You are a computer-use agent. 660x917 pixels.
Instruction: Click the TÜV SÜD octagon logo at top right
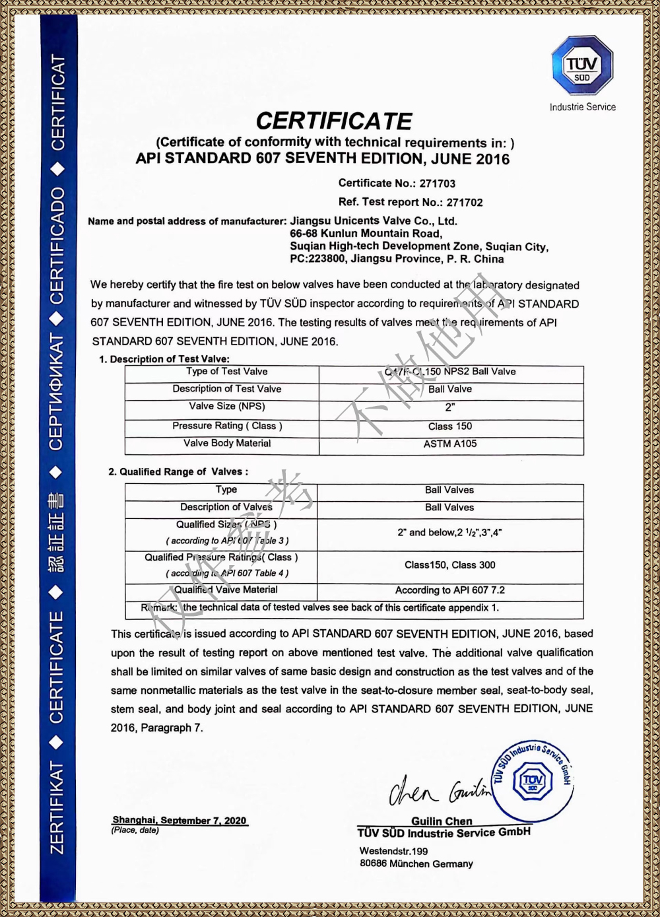coord(582,65)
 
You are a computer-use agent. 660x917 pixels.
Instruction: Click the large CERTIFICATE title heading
coord(334,121)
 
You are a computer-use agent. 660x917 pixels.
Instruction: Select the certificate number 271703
coord(437,184)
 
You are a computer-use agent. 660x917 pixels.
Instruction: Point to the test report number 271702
coord(464,203)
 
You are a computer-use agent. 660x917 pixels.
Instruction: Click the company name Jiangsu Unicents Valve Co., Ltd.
coord(374,221)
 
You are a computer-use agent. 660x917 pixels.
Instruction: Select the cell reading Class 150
coord(450,426)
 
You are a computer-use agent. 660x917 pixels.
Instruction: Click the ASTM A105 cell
coord(450,444)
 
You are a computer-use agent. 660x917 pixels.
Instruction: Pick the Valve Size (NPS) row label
coord(227,407)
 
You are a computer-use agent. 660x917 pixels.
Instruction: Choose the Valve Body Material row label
coord(227,444)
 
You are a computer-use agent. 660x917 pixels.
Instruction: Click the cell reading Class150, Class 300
coord(450,565)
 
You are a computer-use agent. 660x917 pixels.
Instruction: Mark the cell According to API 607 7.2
coord(450,590)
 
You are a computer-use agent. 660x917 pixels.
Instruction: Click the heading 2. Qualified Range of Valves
coord(178,472)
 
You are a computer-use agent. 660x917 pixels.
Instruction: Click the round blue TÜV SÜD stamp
coord(533,782)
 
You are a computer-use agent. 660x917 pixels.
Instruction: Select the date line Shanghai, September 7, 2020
coord(180,821)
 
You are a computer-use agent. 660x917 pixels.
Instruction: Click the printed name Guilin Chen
coord(442,821)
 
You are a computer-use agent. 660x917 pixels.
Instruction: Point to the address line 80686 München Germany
coord(416,864)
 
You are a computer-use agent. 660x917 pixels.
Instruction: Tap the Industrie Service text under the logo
coord(582,107)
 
